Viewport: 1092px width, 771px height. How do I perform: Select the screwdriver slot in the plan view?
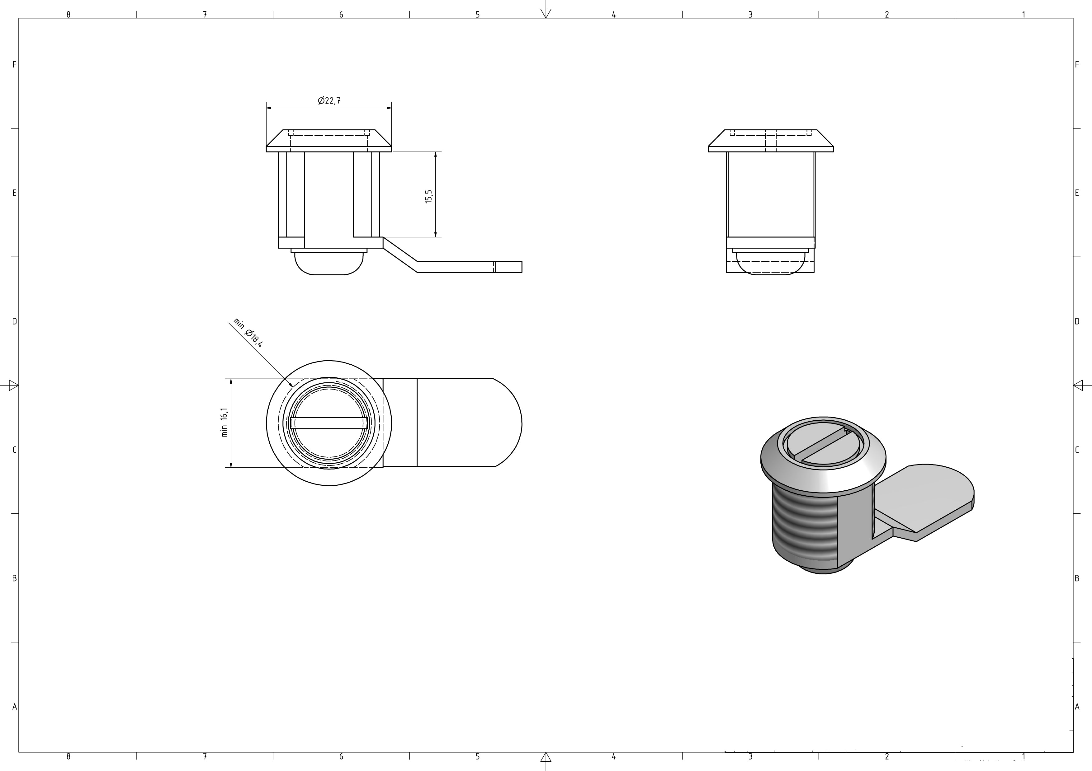coord(329,423)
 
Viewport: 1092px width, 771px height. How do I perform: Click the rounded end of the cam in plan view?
coord(509,423)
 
